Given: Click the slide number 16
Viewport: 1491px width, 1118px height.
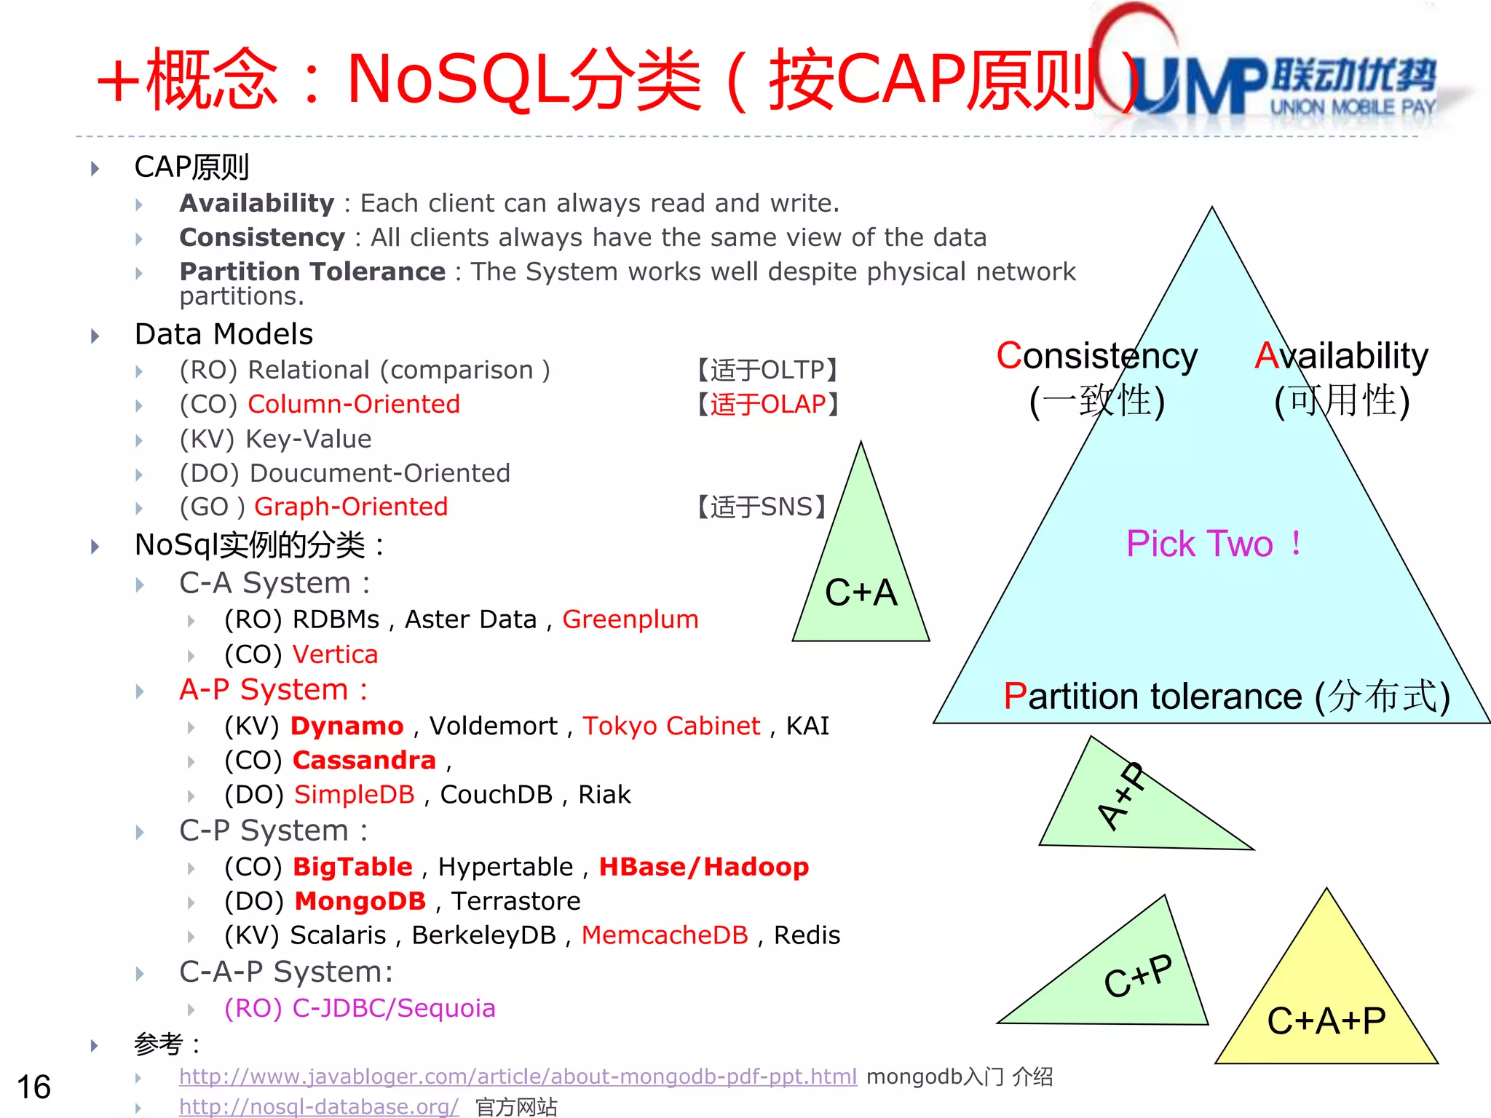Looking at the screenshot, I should pos(33,1087).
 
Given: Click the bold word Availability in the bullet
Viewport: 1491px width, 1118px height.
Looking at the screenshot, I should pos(256,203).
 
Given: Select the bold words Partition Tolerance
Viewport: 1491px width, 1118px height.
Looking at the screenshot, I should pos(312,271).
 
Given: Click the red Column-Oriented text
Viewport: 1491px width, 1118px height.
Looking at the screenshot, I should pos(354,404).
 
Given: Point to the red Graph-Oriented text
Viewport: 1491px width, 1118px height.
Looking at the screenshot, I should pos(351,507).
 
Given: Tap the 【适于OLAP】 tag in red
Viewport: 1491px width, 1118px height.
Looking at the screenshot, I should pos(768,404).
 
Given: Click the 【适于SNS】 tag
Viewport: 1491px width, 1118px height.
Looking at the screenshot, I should pos(761,507).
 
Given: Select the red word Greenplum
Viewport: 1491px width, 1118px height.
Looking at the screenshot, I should pos(630,619).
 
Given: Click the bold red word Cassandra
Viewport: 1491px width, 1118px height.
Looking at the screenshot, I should pos(364,760).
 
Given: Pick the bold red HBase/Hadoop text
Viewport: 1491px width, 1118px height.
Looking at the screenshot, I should pos(703,867).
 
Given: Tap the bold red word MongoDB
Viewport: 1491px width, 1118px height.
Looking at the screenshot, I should pos(360,901).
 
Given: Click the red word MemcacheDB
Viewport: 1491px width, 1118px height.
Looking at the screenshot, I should pos(664,935).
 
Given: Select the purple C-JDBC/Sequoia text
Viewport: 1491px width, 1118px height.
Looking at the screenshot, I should pos(360,1008).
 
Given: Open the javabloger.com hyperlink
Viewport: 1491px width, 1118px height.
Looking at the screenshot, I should pos(518,1077).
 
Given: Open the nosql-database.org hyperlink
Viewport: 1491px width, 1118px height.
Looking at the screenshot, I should pos(319,1107).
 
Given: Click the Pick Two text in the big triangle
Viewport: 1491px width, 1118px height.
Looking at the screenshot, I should pos(1212,544).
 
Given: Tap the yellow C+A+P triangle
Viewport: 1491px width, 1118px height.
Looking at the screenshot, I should pos(1326,1012).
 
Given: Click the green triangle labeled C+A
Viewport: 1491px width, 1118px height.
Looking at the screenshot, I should pos(861,582).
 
